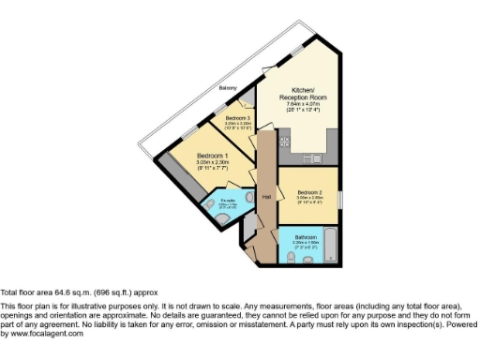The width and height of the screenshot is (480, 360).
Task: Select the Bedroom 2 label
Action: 309,191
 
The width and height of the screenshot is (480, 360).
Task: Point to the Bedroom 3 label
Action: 238,117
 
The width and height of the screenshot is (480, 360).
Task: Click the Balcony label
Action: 227,88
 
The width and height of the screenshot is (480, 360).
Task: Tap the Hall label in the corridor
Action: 267,197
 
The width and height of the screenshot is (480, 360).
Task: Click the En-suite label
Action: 228,200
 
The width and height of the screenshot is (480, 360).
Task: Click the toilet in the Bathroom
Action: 291,253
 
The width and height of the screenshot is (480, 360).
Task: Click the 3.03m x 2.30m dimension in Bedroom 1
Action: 213,162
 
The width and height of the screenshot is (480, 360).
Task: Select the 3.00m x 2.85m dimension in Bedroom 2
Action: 309,198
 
